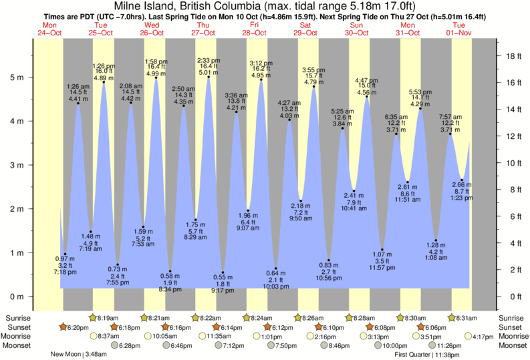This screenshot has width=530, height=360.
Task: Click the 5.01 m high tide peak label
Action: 209,72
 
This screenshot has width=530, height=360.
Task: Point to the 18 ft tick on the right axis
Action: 512,56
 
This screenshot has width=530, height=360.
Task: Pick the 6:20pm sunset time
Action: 78,327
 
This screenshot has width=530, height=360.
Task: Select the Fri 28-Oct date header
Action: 254,29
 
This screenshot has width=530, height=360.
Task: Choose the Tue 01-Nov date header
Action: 459,29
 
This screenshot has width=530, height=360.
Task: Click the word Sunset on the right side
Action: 513,327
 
